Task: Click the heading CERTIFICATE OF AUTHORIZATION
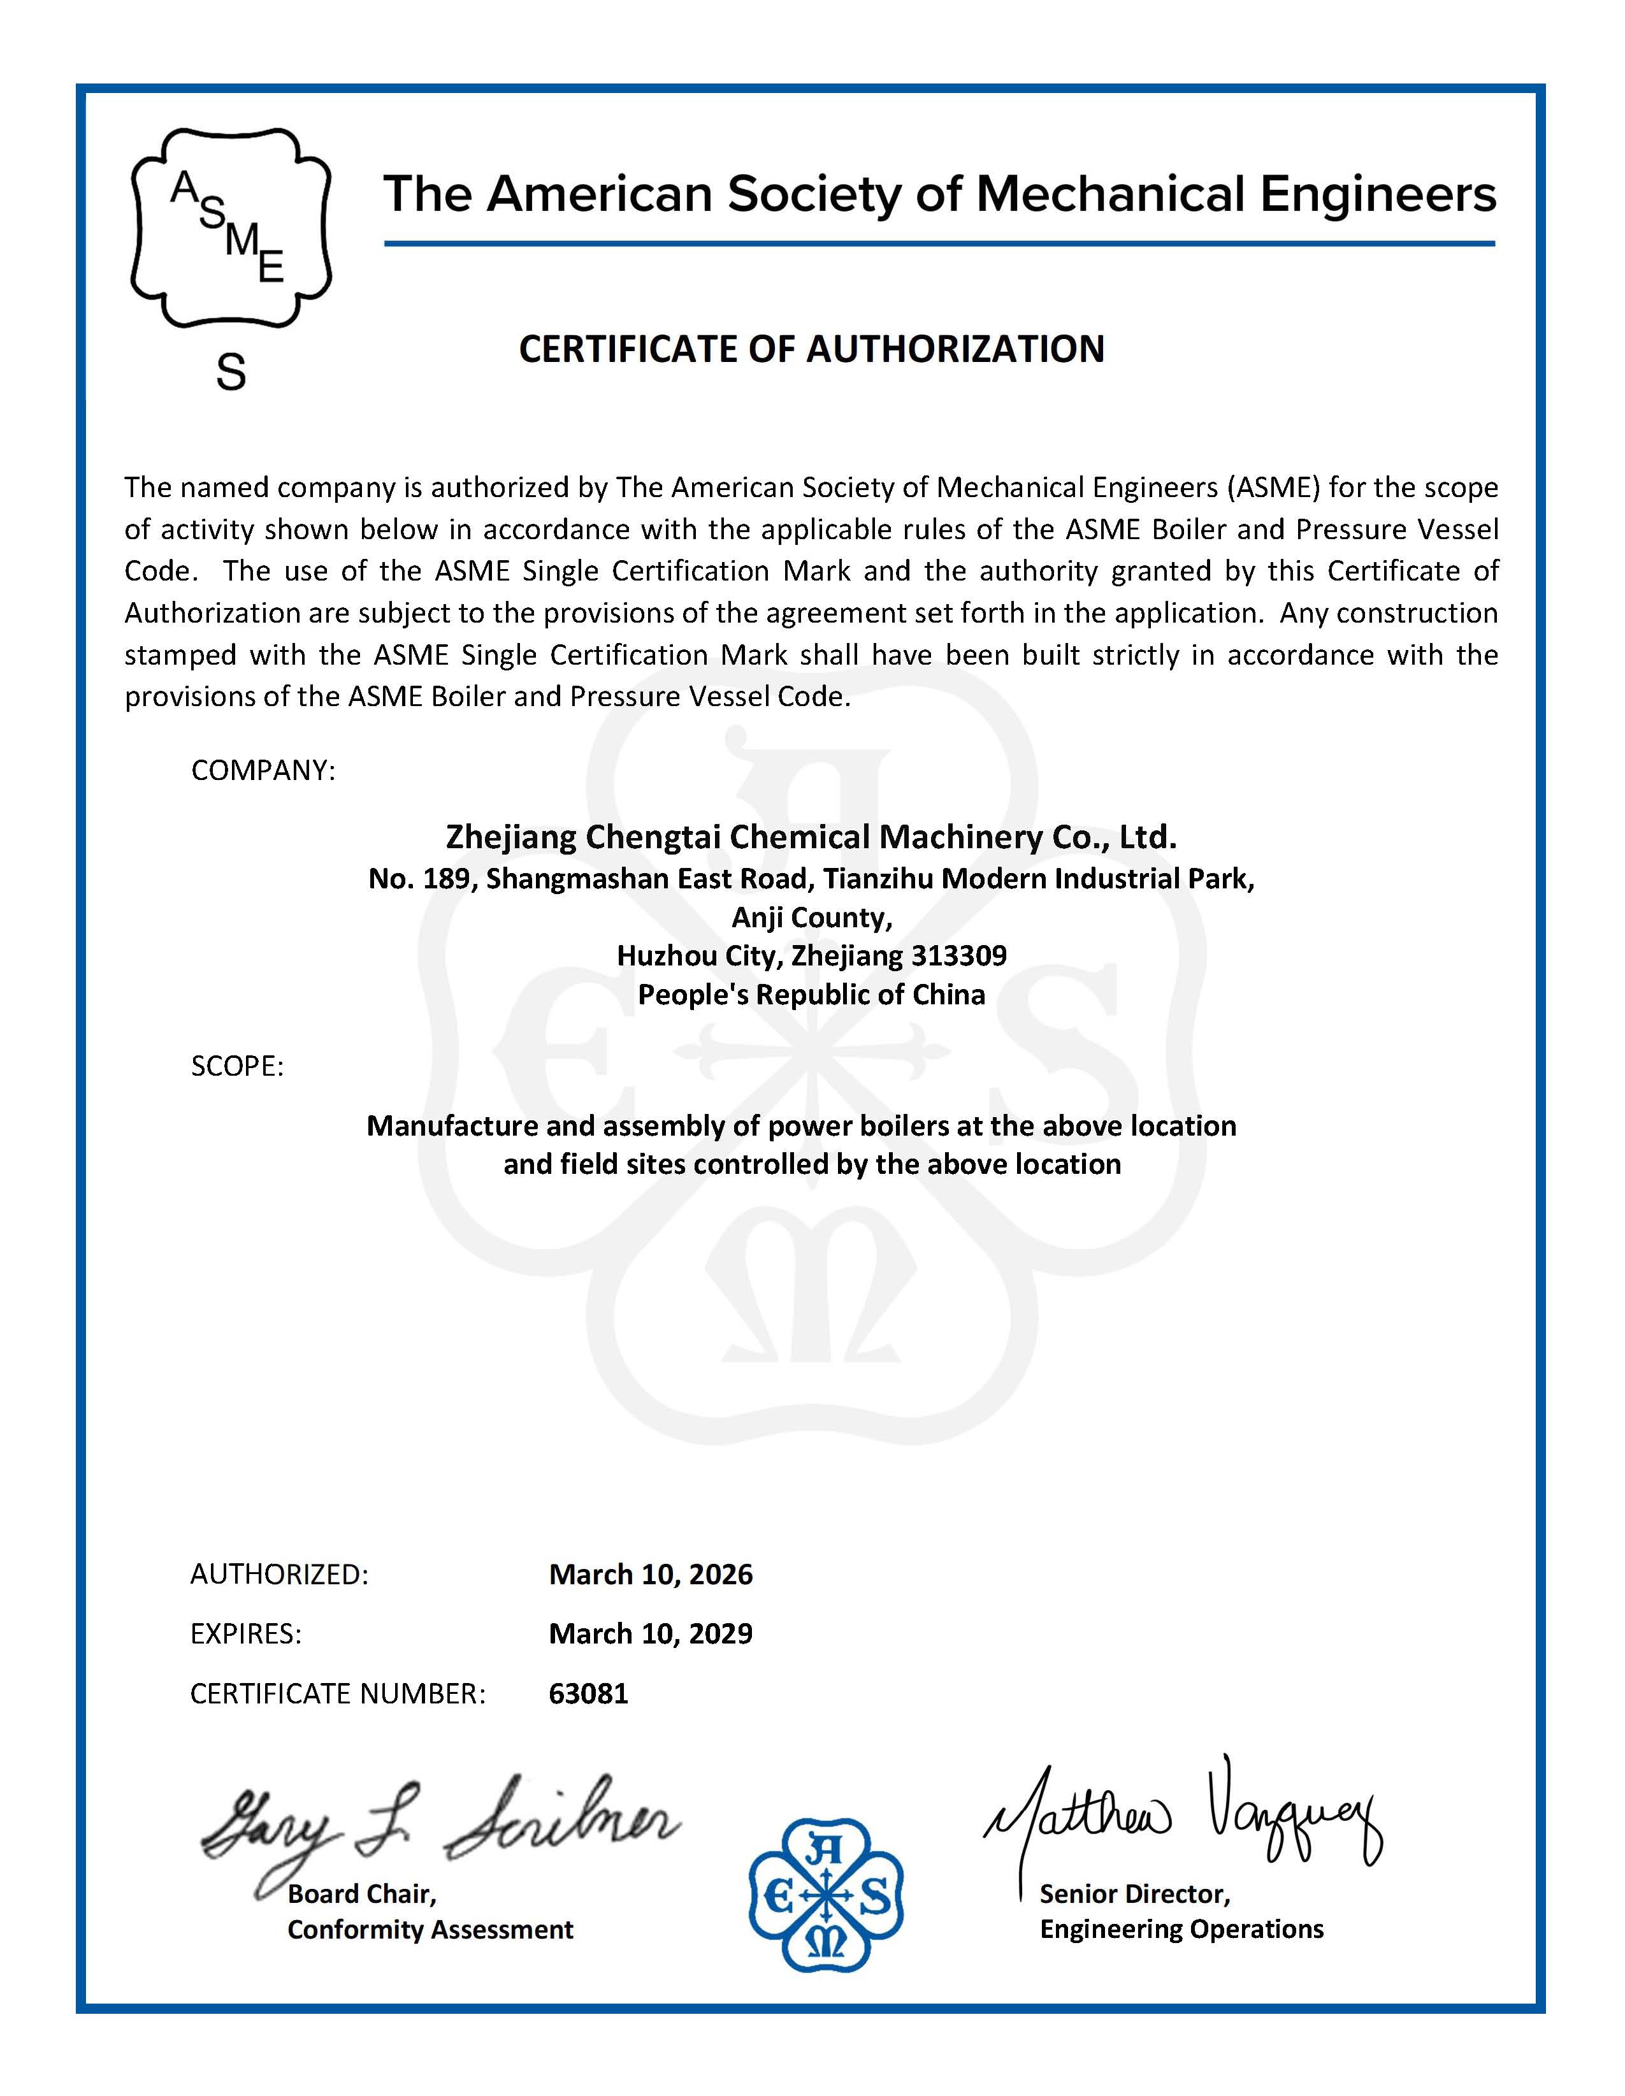(x=811, y=349)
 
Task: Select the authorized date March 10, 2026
(x=651, y=1574)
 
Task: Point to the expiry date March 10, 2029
(x=651, y=1633)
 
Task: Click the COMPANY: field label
(x=263, y=770)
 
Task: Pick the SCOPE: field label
(x=237, y=1066)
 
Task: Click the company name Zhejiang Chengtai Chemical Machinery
(x=811, y=837)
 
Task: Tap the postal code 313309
(x=959, y=956)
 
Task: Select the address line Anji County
(x=812, y=918)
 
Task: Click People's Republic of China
(x=811, y=994)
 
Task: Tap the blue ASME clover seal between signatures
(x=825, y=1895)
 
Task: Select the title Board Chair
(x=362, y=1893)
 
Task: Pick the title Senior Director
(x=1134, y=1893)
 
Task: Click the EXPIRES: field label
(x=246, y=1633)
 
